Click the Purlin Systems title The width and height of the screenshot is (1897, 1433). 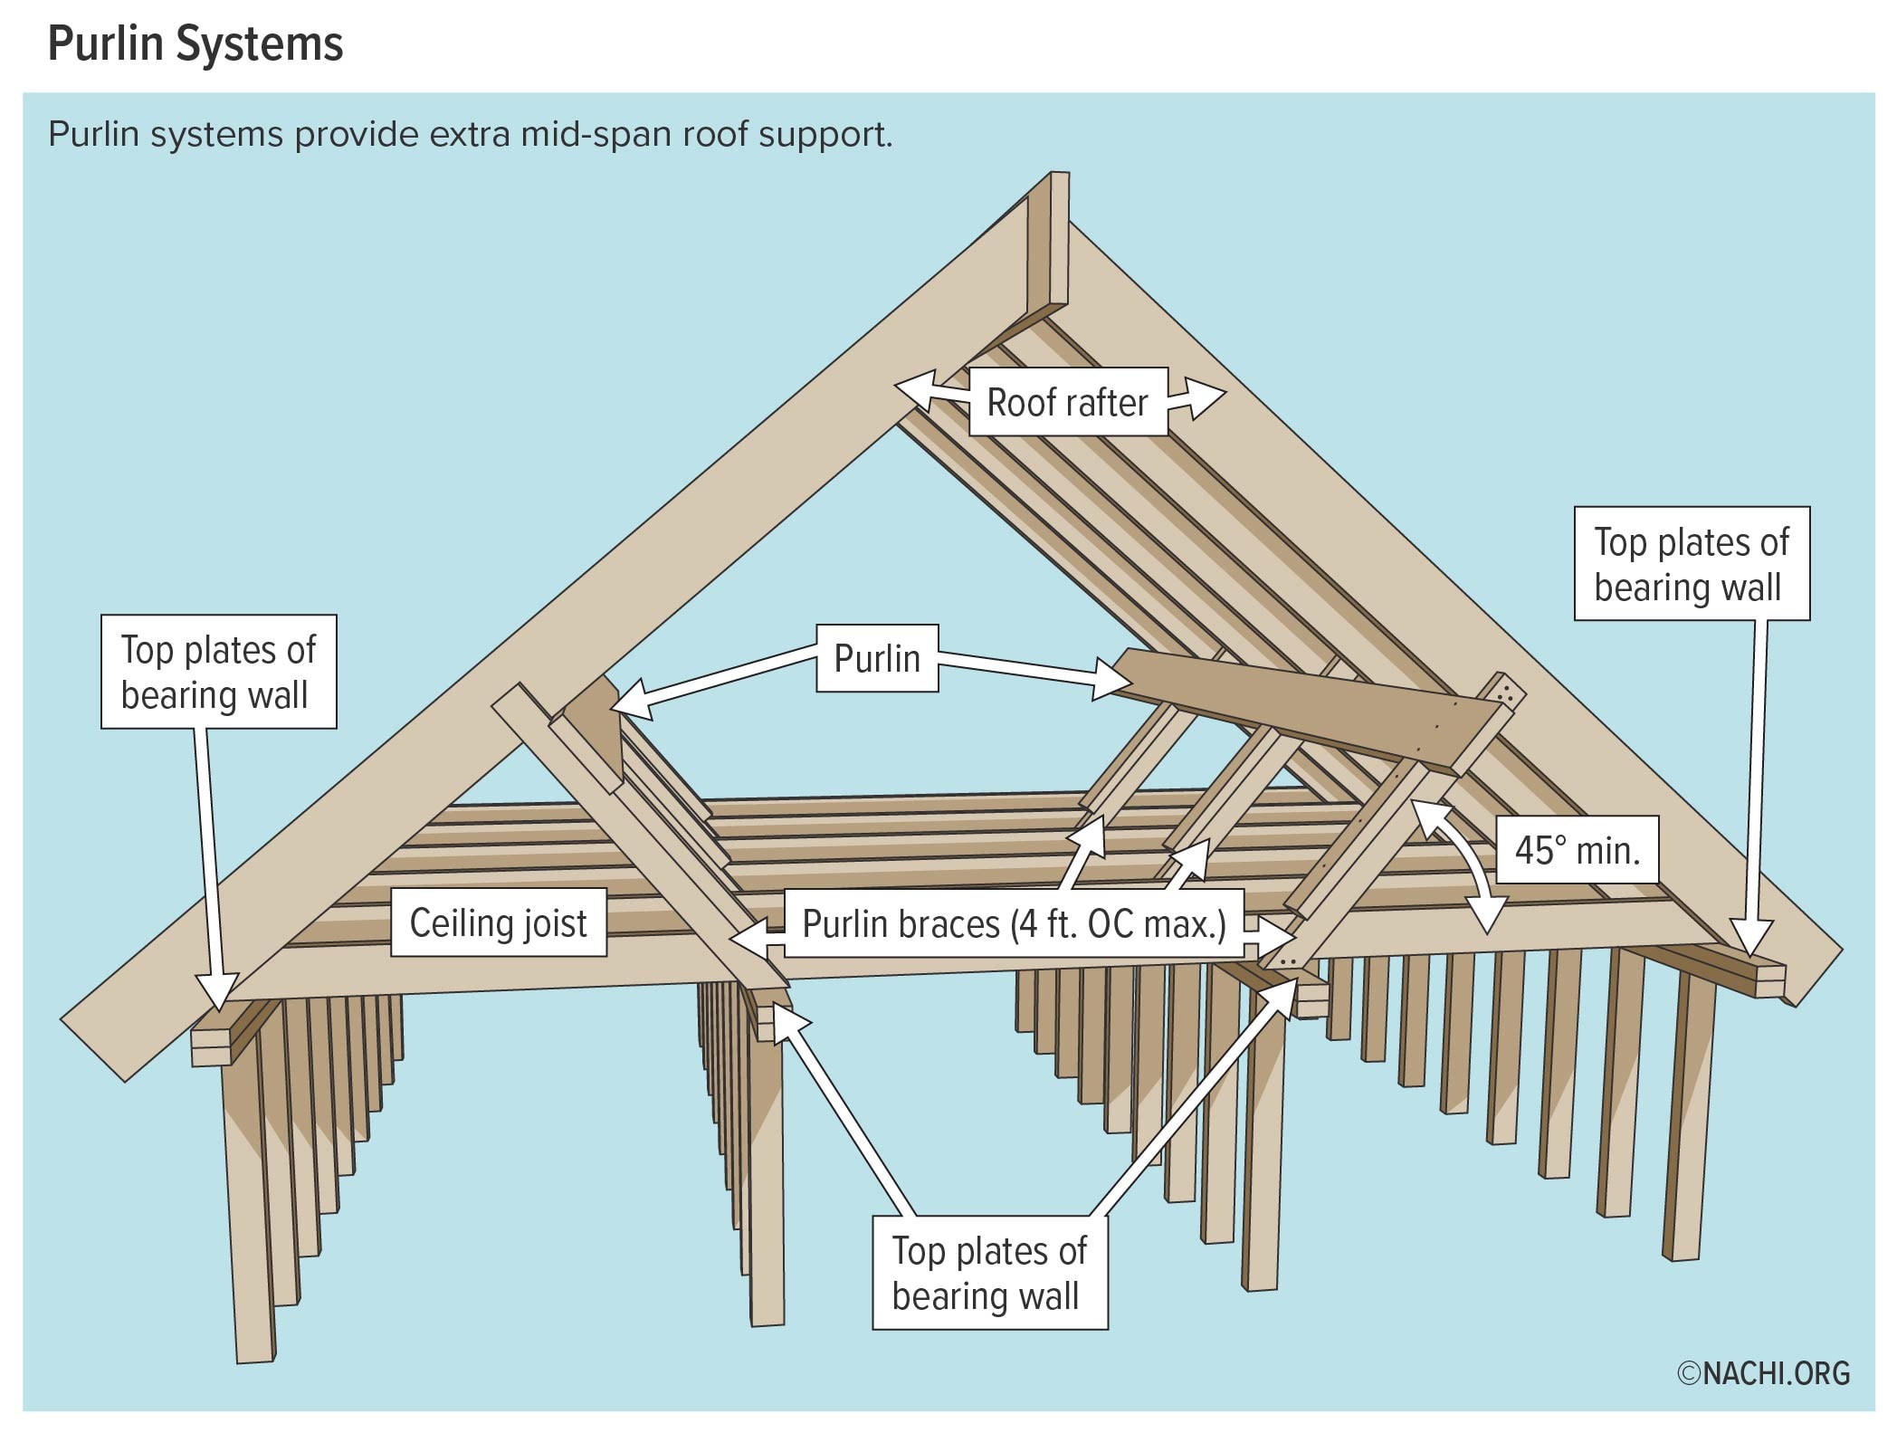[195, 43]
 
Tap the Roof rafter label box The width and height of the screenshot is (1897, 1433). [1067, 402]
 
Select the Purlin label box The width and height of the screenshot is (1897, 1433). [877, 658]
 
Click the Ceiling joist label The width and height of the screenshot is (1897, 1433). [498, 923]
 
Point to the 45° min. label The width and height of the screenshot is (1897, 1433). [1577, 850]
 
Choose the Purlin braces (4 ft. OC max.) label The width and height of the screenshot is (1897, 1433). [1014, 924]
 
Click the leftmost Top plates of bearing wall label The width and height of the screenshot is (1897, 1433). [218, 672]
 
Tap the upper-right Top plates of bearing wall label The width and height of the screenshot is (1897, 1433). [1692, 563]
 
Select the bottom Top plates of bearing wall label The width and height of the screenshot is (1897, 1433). [989, 1272]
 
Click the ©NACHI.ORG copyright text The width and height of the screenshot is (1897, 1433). [1763, 1373]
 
